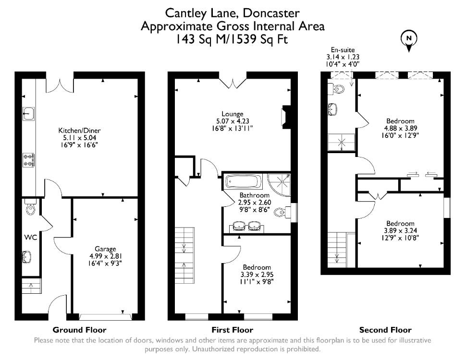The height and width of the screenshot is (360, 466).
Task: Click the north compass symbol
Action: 409,41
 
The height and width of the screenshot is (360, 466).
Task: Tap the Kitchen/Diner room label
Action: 79,131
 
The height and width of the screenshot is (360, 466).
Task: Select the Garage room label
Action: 105,249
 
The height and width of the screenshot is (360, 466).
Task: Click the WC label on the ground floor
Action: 31,237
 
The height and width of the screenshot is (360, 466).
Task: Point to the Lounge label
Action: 233,114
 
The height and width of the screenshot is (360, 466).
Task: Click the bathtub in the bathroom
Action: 244,181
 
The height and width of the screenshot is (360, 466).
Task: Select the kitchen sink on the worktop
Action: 29,114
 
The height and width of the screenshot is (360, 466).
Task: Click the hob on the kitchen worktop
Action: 29,160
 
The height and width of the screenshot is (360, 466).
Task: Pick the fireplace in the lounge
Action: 285,117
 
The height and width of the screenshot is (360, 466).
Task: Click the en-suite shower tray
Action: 342,142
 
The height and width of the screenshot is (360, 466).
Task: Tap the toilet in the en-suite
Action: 336,88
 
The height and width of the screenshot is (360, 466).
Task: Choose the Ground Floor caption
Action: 79,330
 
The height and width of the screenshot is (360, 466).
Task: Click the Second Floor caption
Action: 385,330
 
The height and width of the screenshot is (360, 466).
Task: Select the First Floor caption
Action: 233,330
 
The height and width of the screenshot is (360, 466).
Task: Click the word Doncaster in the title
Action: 271,13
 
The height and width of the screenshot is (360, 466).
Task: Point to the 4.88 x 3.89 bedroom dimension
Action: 400,128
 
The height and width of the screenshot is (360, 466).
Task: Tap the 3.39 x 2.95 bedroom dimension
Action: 258,275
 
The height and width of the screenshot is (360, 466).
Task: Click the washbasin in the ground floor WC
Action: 27,257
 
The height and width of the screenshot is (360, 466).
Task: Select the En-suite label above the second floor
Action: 343,50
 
